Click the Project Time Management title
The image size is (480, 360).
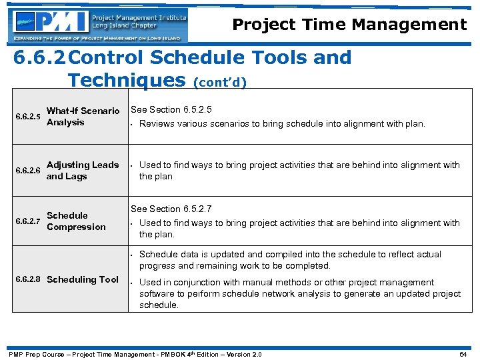point(349,25)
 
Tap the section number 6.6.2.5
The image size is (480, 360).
point(28,117)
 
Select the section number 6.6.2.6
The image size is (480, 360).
point(28,171)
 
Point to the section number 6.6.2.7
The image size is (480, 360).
point(28,221)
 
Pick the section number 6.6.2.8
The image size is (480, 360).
point(28,279)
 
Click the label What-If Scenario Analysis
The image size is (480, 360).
point(83,117)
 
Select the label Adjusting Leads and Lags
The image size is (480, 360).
point(83,171)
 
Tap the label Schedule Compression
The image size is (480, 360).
point(76,221)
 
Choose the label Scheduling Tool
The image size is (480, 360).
point(83,279)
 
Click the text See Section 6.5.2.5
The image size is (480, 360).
point(171,109)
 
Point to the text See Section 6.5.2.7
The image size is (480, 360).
point(171,209)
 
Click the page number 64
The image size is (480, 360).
point(463,354)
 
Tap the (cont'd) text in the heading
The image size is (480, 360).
point(220,83)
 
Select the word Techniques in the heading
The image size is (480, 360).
point(127,80)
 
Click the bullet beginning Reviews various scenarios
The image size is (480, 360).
point(281,123)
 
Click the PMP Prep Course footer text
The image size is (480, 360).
point(134,354)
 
